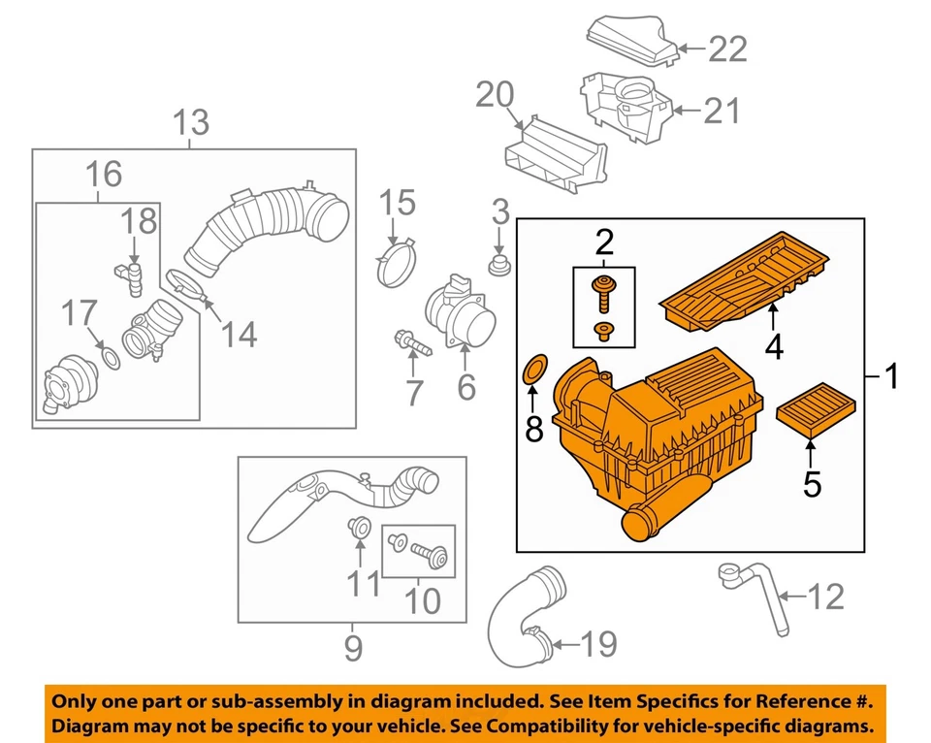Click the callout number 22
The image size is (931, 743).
727,48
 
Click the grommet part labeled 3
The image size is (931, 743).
500,265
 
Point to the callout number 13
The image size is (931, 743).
190,123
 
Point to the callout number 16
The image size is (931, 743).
103,176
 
